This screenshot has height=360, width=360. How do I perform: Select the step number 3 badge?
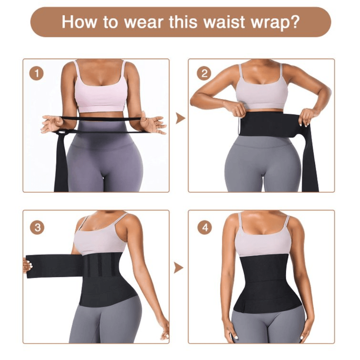tap(38, 228)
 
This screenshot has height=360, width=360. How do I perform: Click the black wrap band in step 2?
tap(266, 124)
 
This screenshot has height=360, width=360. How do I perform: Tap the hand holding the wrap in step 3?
tap(27, 266)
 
